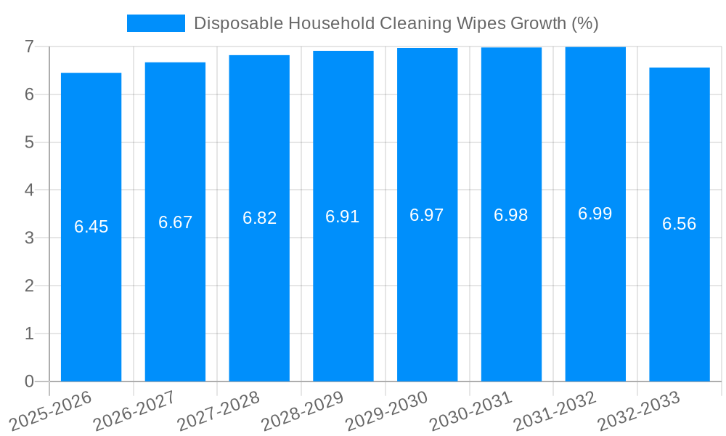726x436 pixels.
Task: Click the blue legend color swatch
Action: point(155,23)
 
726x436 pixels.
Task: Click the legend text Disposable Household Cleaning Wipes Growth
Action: point(396,23)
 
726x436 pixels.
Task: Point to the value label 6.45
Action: point(91,227)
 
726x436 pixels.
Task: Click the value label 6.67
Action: point(175,222)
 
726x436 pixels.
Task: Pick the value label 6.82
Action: point(259,218)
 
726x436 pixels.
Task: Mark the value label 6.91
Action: point(343,217)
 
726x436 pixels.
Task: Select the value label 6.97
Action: point(427,215)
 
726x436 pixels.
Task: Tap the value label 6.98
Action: point(511,215)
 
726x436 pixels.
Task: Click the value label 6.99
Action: point(595,214)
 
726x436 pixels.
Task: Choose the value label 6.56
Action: point(680,224)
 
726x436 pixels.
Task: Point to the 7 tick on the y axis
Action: point(29,47)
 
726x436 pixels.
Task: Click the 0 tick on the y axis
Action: point(29,381)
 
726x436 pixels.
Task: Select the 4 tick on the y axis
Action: point(29,190)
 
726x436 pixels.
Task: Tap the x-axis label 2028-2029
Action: point(303,411)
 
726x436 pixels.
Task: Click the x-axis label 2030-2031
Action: point(471,411)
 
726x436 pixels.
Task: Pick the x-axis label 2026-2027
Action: point(135,411)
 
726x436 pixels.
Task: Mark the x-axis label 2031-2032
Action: point(555,411)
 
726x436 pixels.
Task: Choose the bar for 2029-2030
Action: point(427,291)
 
